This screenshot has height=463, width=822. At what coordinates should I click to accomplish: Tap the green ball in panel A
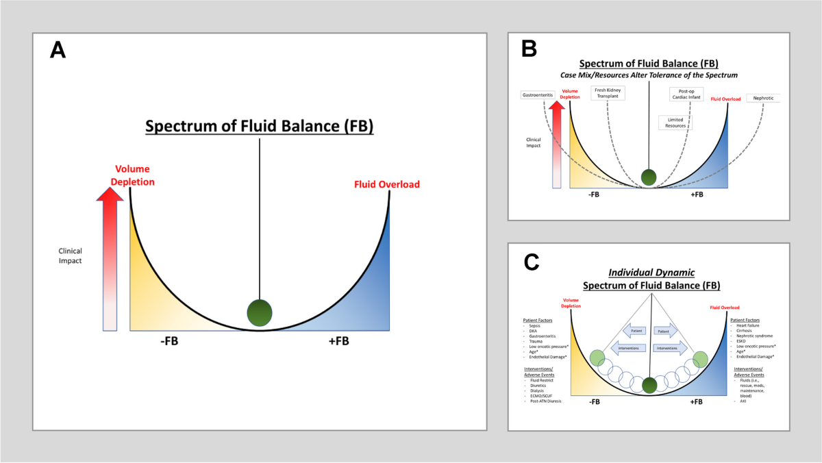[x=260, y=313]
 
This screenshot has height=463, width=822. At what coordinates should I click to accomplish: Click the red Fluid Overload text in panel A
[x=386, y=184]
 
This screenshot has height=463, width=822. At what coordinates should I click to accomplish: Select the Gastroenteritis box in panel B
[x=538, y=97]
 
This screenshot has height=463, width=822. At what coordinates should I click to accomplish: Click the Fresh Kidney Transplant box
[x=608, y=92]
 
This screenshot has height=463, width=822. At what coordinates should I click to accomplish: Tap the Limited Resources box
[x=675, y=123]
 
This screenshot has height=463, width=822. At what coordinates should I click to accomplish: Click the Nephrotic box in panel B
[x=762, y=98]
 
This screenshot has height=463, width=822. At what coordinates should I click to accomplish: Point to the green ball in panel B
[x=648, y=177]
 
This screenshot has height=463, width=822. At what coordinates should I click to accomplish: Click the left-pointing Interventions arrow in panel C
[x=629, y=348]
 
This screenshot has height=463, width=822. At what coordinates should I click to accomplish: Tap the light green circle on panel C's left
[x=597, y=358]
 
